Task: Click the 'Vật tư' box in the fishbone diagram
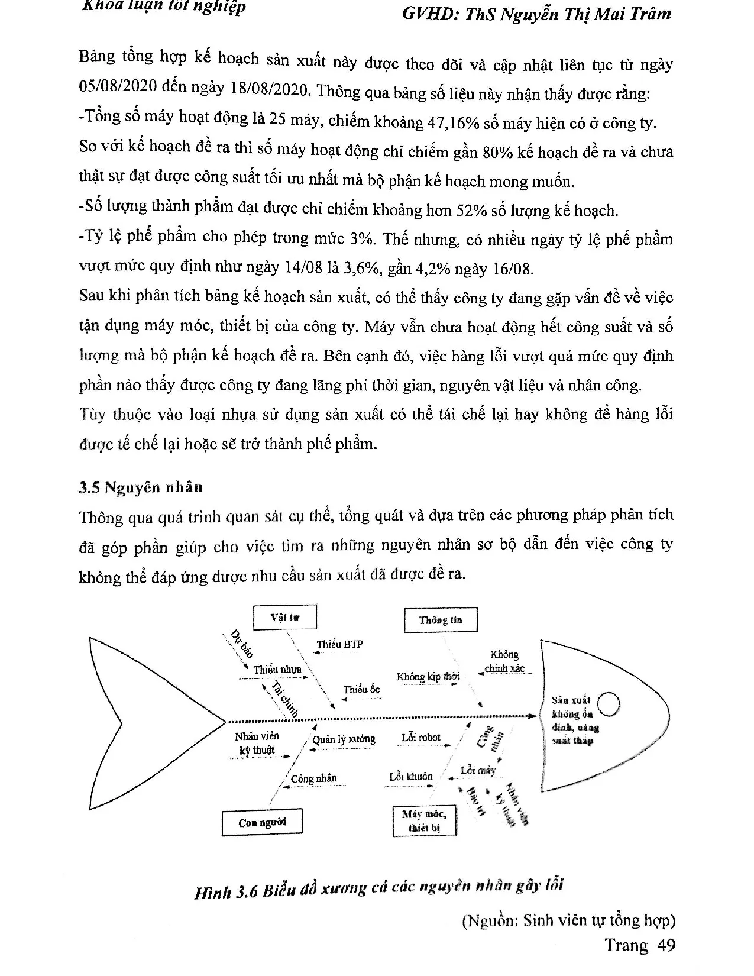coord(285,618)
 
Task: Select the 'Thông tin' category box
coord(441,620)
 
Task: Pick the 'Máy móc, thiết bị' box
coord(425,820)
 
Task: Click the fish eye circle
coord(609,704)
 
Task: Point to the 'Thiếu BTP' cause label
coord(339,644)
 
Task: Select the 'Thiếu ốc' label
coord(361,689)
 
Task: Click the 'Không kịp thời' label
coord(428,677)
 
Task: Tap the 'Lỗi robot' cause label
coord(421,737)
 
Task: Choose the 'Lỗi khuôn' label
coord(410,776)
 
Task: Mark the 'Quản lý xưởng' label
coord(344,739)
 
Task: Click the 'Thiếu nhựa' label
coord(277,670)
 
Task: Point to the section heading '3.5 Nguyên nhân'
coord(141,487)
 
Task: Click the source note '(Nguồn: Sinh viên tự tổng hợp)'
coord(568,920)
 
